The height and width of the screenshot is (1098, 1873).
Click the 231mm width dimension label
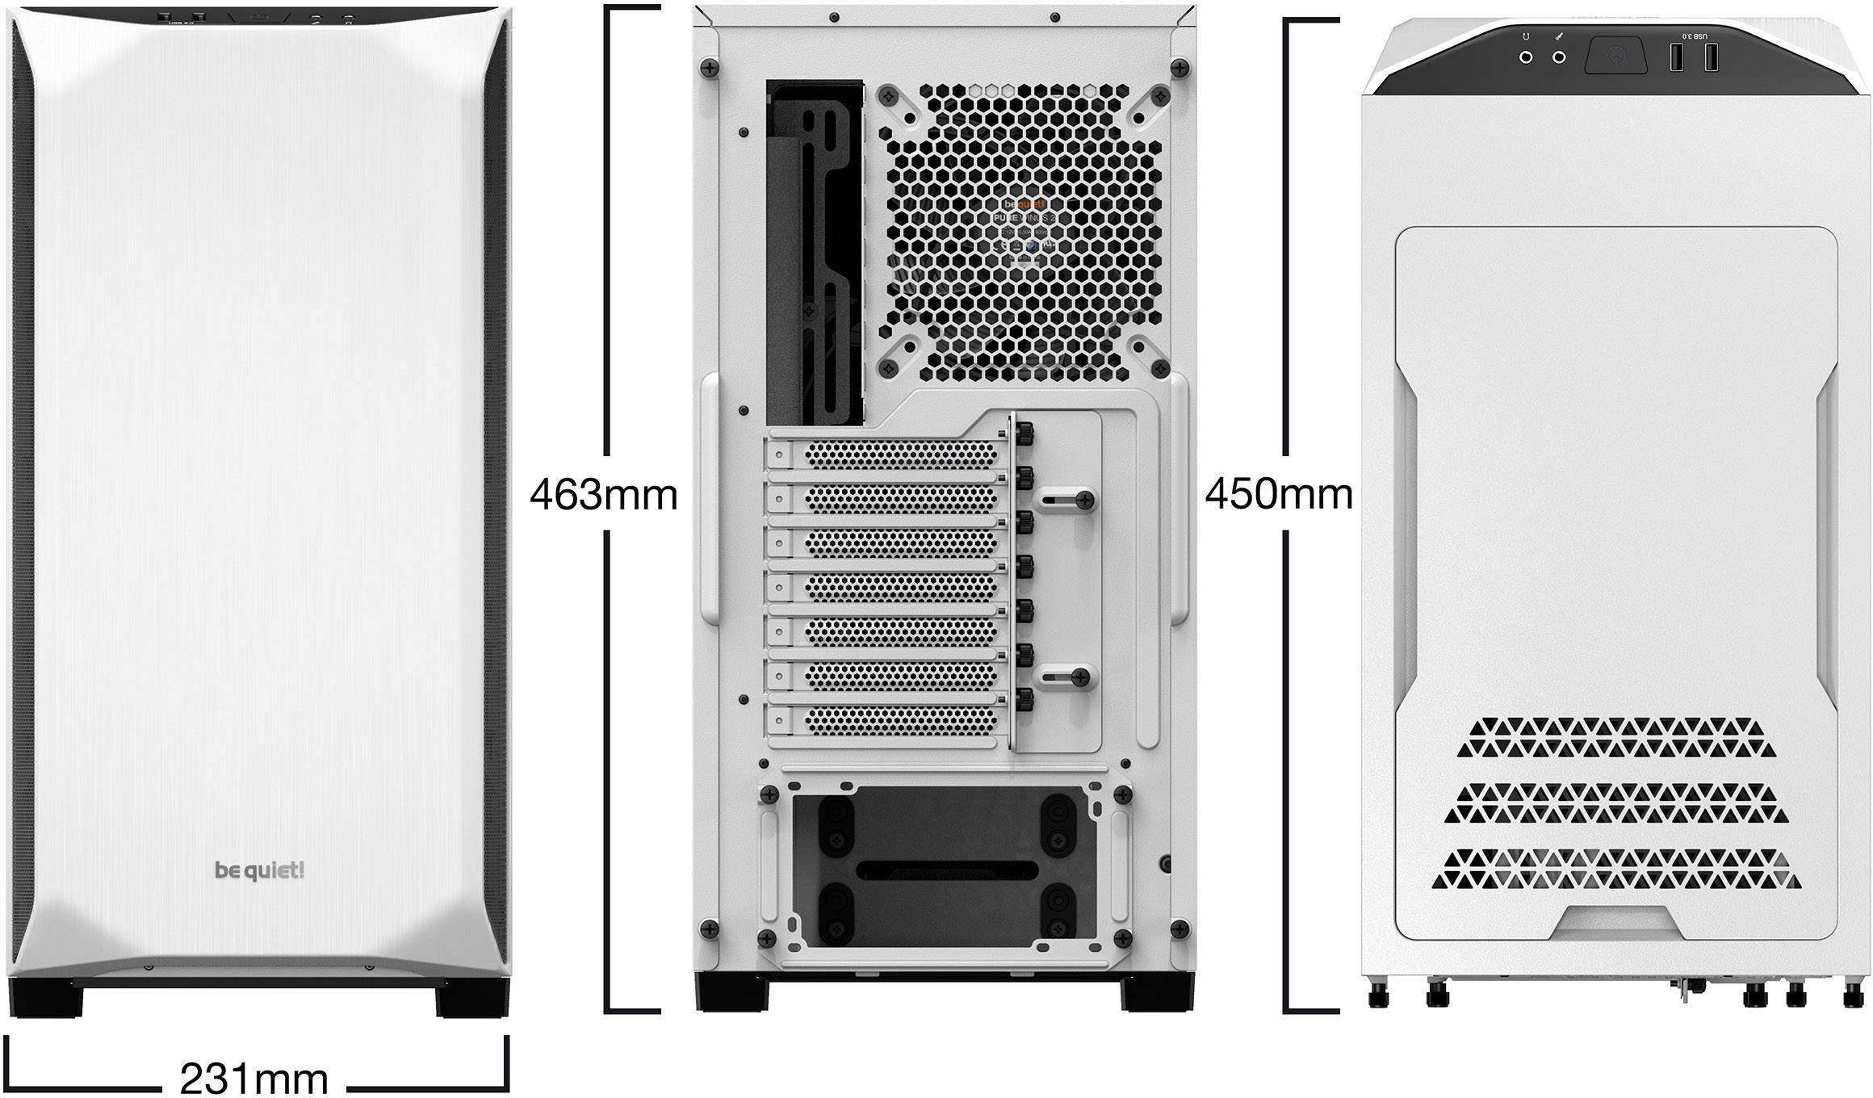(x=254, y=1078)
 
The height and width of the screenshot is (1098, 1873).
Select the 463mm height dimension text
(x=603, y=494)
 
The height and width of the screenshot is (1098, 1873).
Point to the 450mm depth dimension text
(x=1279, y=493)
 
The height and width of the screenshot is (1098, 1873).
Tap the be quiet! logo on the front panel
(x=259, y=870)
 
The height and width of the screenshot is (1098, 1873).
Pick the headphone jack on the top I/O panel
(x=1527, y=57)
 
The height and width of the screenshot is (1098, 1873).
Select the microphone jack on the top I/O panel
(x=1559, y=57)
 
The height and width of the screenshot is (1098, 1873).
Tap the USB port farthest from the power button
(x=1710, y=57)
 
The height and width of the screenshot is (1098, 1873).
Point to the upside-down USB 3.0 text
(x=1695, y=36)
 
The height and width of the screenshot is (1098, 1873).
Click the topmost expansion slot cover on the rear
(x=888, y=455)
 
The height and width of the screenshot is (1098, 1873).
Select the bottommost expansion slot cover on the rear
(x=888, y=719)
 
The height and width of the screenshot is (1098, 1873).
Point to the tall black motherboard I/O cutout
(x=814, y=252)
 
